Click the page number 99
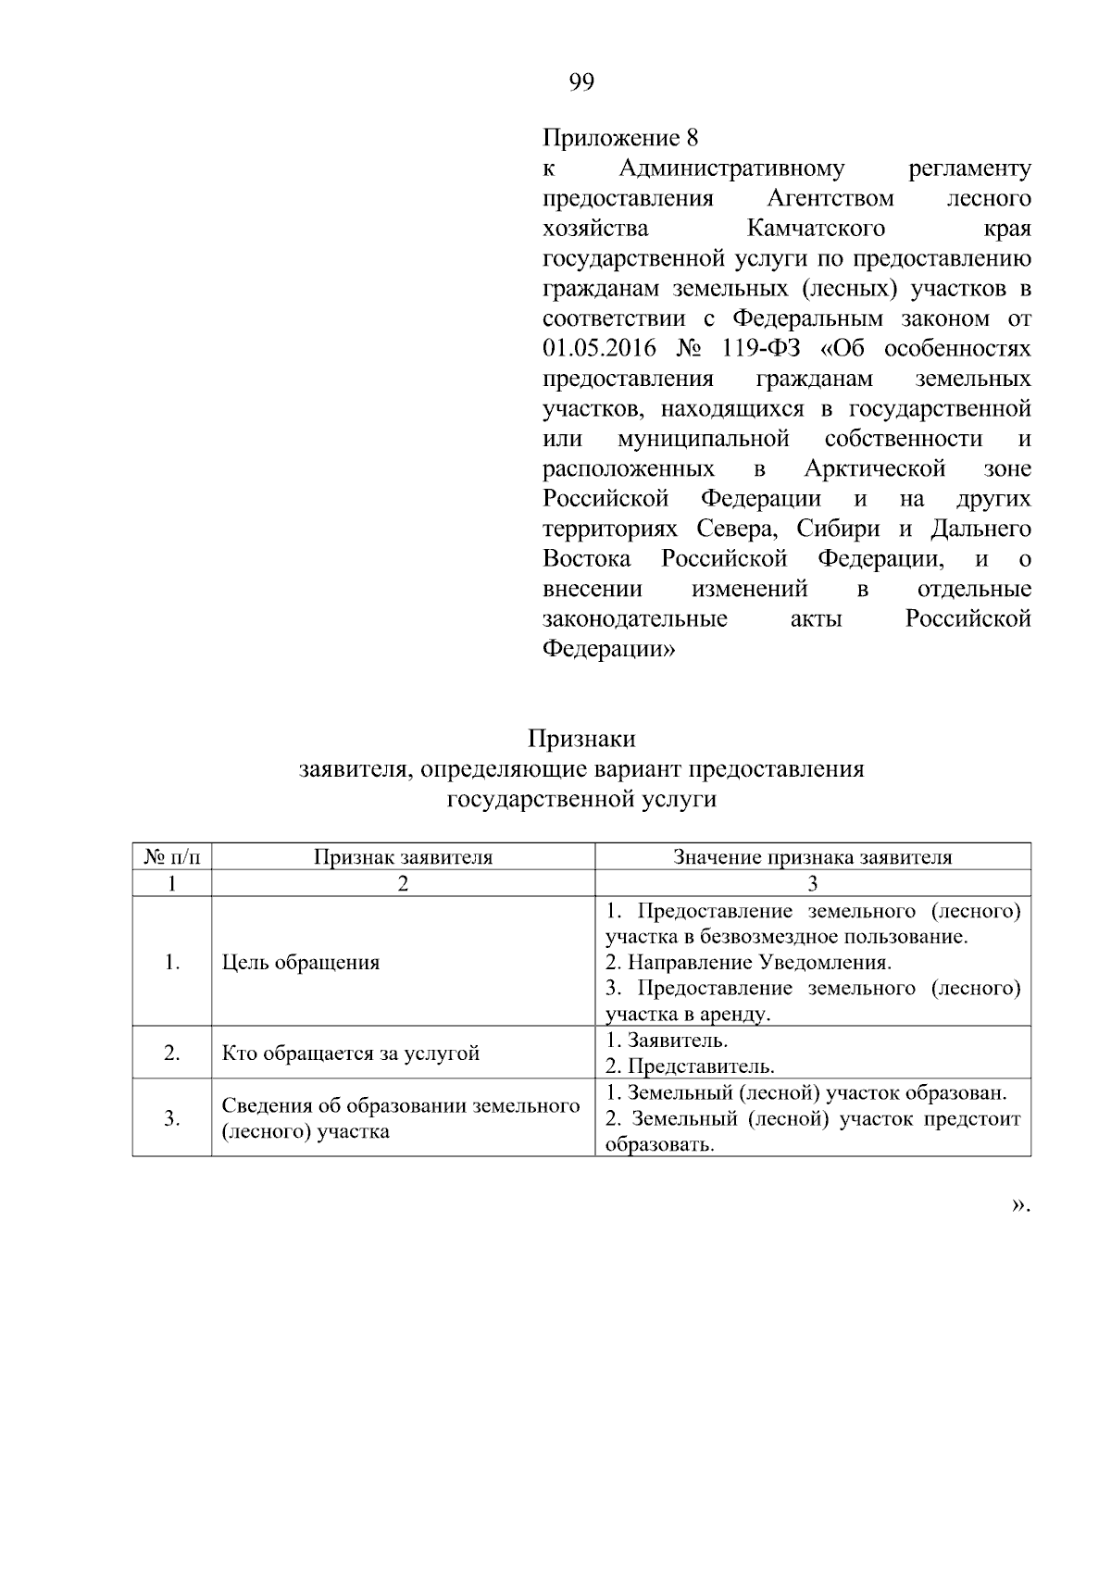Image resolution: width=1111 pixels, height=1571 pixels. coord(581,83)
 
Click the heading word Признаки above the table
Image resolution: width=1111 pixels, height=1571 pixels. coord(581,739)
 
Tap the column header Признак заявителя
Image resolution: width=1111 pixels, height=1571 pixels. coord(403,857)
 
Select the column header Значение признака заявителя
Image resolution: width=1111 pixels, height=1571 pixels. coord(812,857)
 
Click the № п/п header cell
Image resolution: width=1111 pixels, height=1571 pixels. coord(172,857)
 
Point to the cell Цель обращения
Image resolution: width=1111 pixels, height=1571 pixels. coord(301,963)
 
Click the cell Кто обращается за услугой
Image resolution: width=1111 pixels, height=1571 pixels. coord(351,1054)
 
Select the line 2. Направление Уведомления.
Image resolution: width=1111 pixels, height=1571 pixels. coord(748,963)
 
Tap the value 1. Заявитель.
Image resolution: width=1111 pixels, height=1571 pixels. coord(667,1041)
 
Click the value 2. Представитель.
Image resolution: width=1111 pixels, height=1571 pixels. coord(690,1066)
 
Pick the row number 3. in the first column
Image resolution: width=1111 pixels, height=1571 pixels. coord(172,1118)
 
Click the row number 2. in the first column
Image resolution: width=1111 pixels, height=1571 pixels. coord(172,1054)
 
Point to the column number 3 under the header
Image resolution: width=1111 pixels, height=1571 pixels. coord(812,883)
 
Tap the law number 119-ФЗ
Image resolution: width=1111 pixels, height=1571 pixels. coord(759,349)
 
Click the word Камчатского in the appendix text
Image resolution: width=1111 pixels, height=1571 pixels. coord(816,229)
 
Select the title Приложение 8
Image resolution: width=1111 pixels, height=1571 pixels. coord(619,139)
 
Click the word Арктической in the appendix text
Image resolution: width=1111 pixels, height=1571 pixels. coord(875,469)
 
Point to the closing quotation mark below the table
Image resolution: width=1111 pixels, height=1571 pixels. coord(1019,1204)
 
